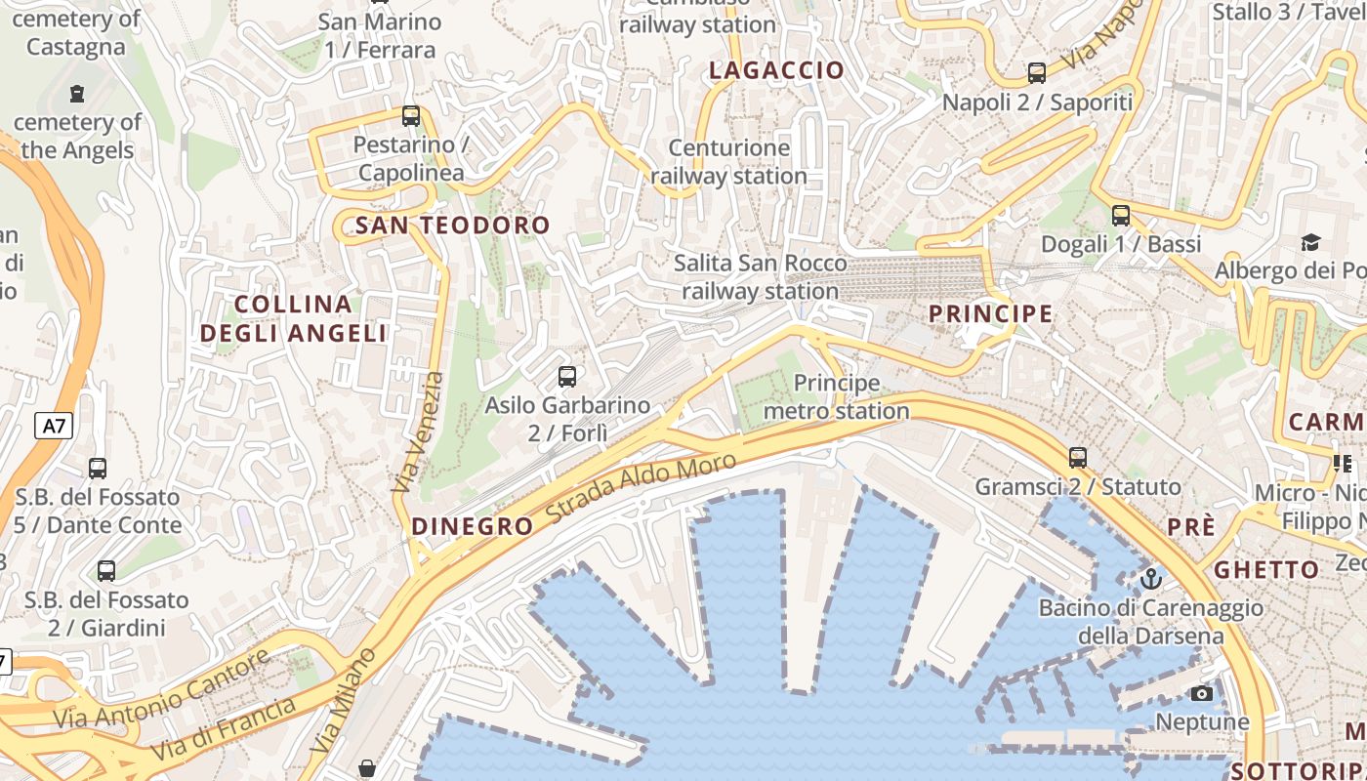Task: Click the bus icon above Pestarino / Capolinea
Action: tap(411, 116)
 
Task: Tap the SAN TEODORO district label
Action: tap(453, 226)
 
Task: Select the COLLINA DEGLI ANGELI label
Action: tap(293, 318)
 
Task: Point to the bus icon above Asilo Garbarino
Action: tap(566, 376)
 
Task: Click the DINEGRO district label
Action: tap(473, 526)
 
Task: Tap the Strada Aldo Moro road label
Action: tap(641, 488)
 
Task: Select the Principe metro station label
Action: tap(837, 396)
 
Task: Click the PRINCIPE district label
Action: tap(990, 313)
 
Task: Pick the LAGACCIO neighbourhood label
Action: tap(776, 70)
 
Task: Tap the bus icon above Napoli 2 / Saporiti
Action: tap(1037, 72)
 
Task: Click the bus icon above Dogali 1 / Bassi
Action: tap(1121, 215)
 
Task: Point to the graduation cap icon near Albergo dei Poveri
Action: tap(1310, 241)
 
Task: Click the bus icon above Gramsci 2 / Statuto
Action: tap(1078, 457)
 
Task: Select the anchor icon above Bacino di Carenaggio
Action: tap(1151, 579)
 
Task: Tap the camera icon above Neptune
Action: tap(1202, 693)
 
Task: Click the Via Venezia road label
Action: tap(418, 432)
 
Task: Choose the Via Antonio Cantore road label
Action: tap(161, 689)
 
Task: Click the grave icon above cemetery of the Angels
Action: tap(77, 94)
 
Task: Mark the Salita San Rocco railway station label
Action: tap(761, 277)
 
